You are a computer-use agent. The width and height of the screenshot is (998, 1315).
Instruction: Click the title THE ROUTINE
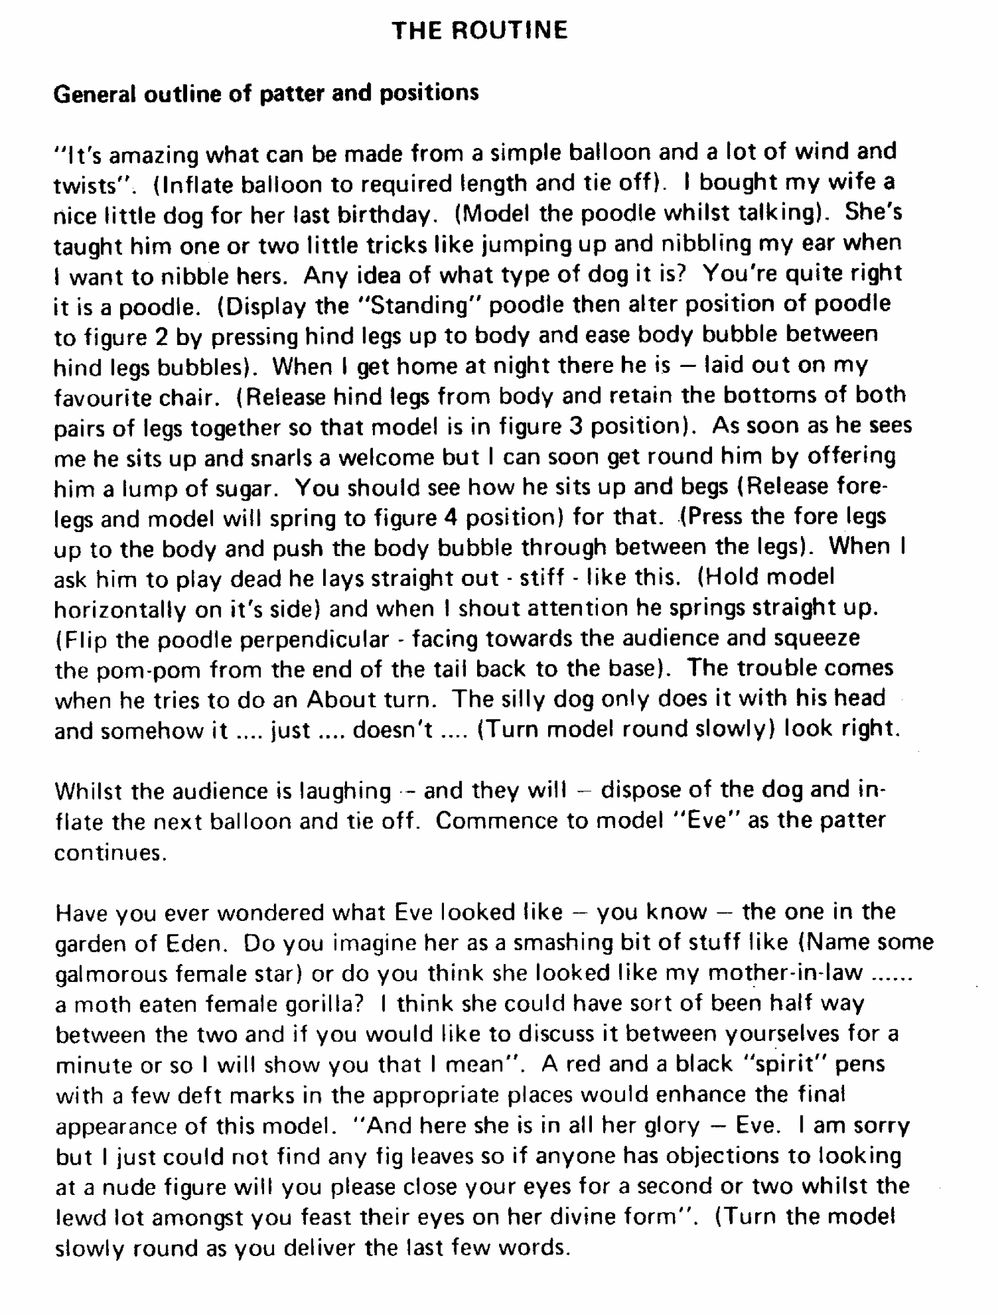coord(479,30)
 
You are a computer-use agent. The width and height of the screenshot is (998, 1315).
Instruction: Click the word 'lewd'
coord(81,1218)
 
